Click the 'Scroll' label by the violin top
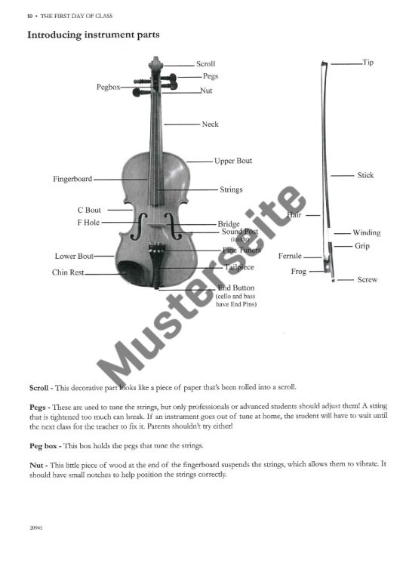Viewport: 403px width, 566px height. click(205, 64)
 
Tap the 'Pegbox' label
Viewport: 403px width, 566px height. click(108, 88)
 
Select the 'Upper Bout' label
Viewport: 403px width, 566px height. click(232, 161)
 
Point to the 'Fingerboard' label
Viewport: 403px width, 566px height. click(72, 179)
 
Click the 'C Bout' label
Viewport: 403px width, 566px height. click(89, 210)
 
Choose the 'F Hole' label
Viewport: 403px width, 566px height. click(88, 223)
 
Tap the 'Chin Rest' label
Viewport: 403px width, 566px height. click(68, 272)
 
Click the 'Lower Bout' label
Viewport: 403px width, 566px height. click(74, 257)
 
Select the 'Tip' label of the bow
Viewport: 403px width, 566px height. click(368, 63)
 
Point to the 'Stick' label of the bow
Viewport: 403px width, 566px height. click(365, 175)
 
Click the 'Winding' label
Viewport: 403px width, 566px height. click(367, 232)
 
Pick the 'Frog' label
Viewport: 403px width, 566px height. click(299, 272)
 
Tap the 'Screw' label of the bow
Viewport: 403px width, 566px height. click(368, 280)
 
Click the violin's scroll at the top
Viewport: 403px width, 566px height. click(155, 63)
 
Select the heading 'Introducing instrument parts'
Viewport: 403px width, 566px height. click(93, 35)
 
